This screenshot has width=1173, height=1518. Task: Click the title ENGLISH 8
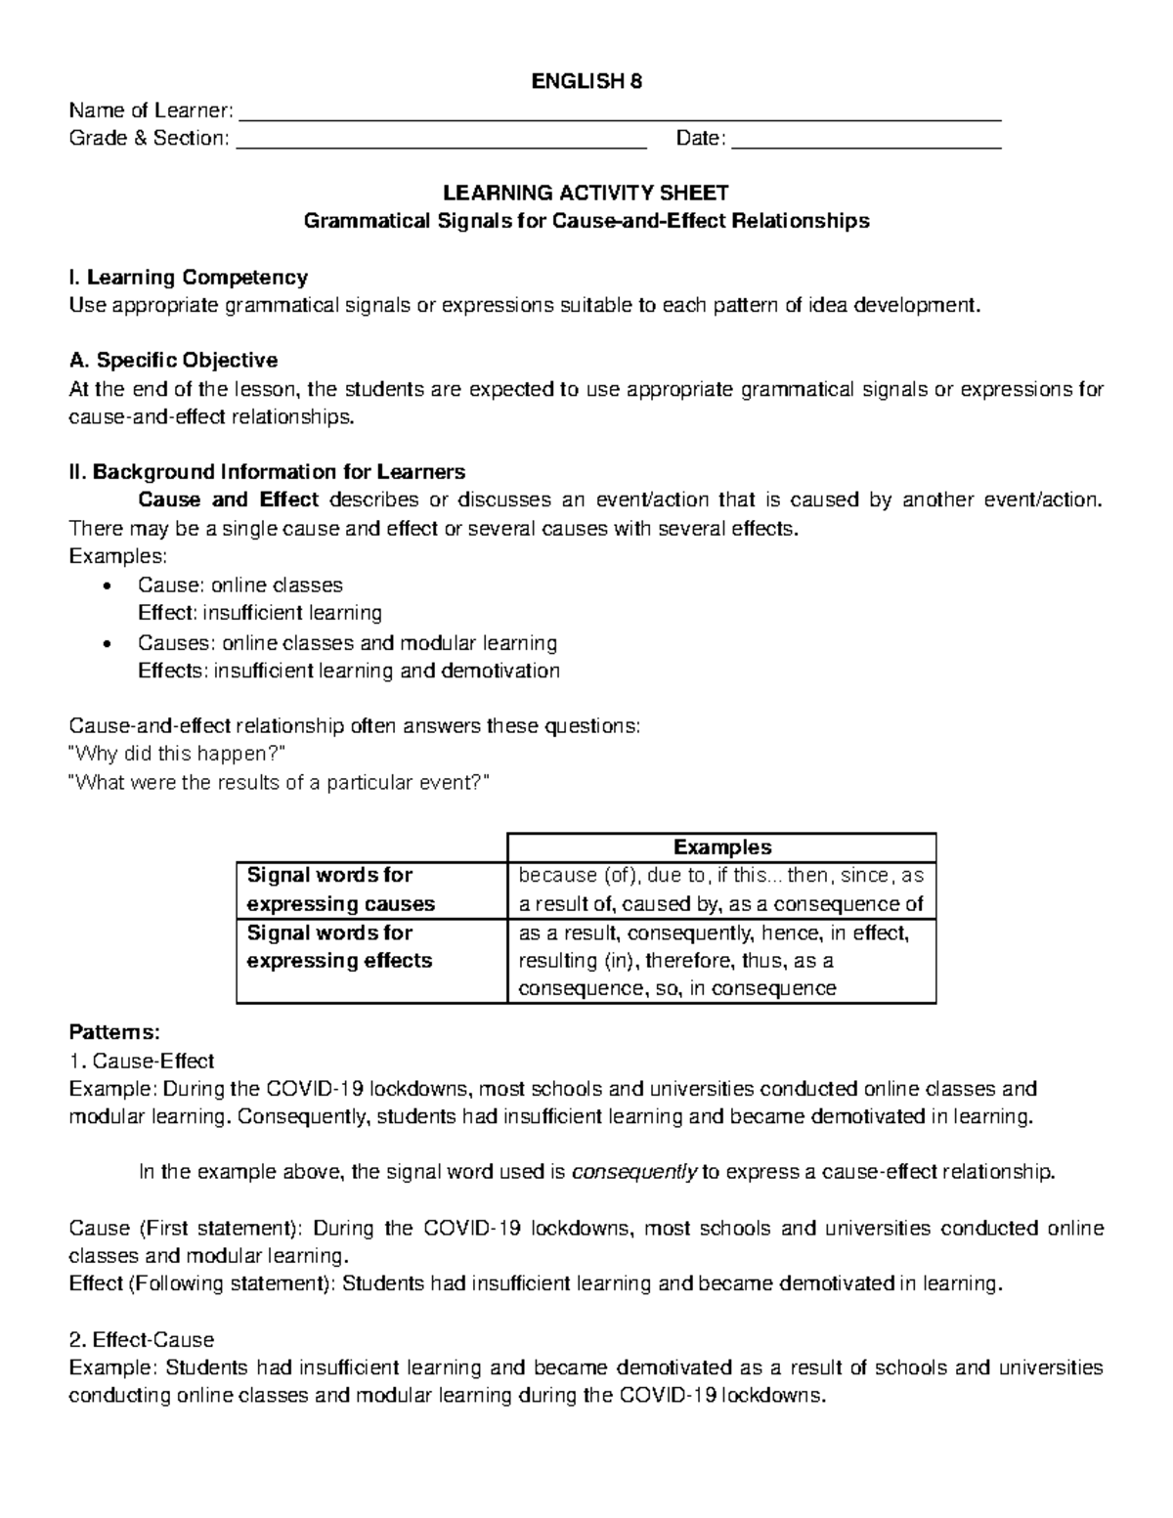pyautogui.click(x=586, y=82)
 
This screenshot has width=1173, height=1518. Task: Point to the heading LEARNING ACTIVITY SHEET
pyautogui.click(x=586, y=193)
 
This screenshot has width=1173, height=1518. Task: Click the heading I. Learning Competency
pyautogui.click(x=188, y=278)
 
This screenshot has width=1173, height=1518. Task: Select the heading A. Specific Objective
pyautogui.click(x=173, y=361)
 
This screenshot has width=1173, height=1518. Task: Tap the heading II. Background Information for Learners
pyautogui.click(x=267, y=472)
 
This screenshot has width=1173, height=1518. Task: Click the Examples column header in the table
pyautogui.click(x=722, y=847)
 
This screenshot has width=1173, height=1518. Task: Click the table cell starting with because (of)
pyautogui.click(x=721, y=889)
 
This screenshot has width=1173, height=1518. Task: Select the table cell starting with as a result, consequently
pyautogui.click(x=721, y=961)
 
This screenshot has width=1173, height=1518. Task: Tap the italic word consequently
pyautogui.click(x=633, y=1173)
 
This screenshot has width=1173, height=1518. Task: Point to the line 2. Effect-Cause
pyautogui.click(x=141, y=1339)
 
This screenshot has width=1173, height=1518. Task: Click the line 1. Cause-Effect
pyautogui.click(x=141, y=1061)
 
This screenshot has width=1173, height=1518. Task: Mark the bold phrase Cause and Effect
pyautogui.click(x=229, y=500)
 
